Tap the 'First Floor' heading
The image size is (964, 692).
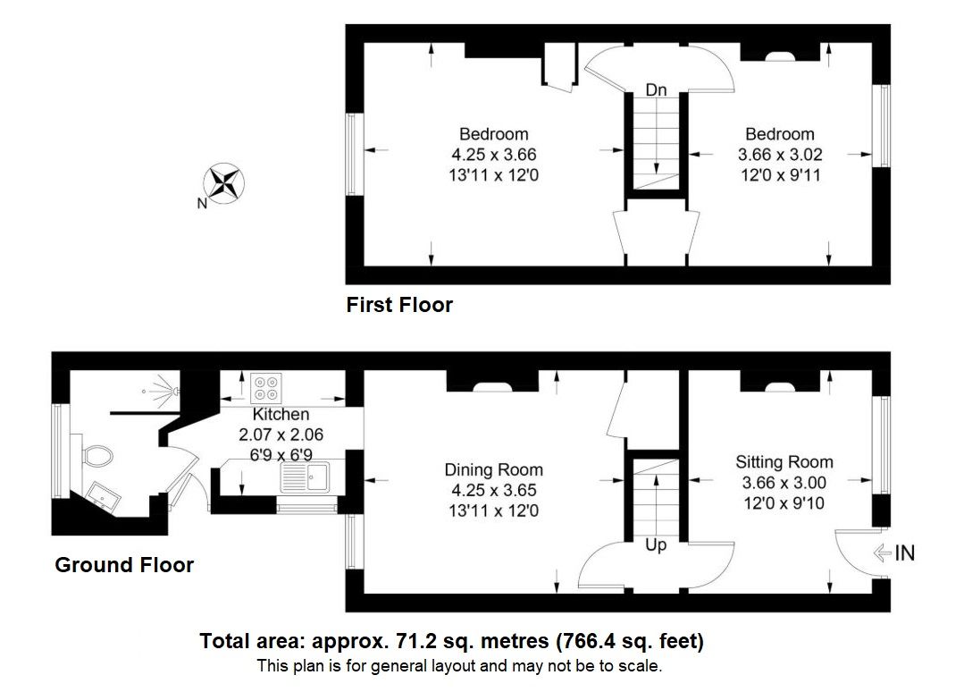(399, 305)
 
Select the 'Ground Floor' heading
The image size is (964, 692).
(124, 565)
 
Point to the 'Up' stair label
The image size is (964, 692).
(656, 544)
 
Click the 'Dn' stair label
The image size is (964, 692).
(657, 90)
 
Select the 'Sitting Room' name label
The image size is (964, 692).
(784, 462)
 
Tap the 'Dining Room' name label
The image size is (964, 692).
(493, 469)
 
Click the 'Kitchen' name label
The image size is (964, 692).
(281, 415)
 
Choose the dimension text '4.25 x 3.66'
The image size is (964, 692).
(494, 155)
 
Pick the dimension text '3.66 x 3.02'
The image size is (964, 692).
(780, 155)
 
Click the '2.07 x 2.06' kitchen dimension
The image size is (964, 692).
(281, 435)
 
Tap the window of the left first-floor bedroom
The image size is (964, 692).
(352, 155)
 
